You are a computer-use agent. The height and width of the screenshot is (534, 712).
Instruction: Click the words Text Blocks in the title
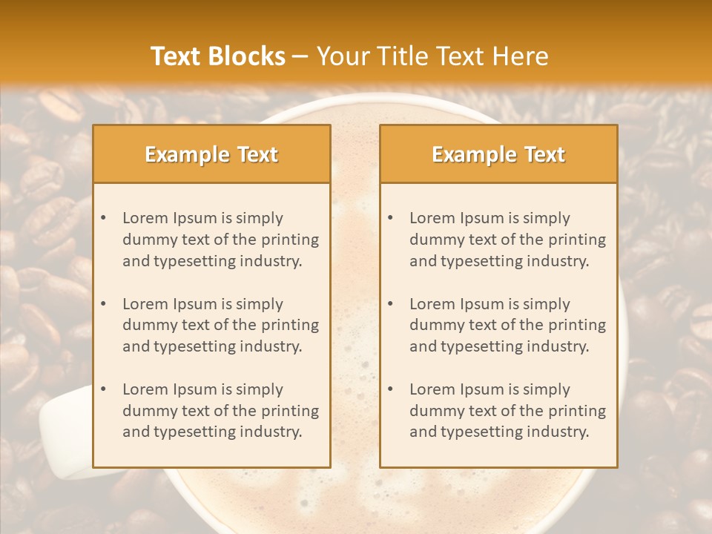(x=218, y=56)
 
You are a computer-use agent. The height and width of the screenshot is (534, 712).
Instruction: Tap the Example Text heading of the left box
(x=211, y=154)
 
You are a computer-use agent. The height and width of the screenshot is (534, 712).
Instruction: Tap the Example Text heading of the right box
(x=498, y=154)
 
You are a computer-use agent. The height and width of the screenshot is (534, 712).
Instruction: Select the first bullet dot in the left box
(x=104, y=218)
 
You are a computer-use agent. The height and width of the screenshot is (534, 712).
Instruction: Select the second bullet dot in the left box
(x=104, y=304)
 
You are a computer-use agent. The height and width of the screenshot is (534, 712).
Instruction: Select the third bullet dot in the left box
(x=104, y=389)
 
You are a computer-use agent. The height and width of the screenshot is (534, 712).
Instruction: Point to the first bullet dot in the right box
(x=391, y=218)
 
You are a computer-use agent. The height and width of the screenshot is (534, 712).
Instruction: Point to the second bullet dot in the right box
(x=391, y=304)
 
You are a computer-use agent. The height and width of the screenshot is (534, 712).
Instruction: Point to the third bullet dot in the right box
(x=391, y=389)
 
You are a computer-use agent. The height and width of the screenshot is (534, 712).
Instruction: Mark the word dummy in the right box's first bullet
(x=434, y=240)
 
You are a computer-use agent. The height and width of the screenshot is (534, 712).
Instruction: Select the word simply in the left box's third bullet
(x=259, y=389)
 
